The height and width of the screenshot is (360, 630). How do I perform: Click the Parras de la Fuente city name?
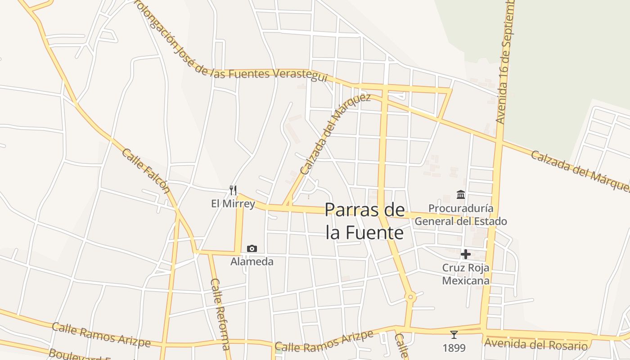[364, 221]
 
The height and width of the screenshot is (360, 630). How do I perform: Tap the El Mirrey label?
[233, 204]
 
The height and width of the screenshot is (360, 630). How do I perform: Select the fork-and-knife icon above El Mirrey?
[233, 190]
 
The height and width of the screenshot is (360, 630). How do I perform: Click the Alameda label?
[252, 261]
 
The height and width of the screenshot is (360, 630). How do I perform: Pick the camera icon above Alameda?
[252, 248]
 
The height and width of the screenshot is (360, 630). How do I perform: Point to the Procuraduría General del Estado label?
[461, 215]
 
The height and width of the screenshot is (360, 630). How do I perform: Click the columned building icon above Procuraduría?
[461, 194]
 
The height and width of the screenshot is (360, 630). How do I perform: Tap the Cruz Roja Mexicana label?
[466, 274]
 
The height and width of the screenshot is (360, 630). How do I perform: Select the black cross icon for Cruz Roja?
[465, 254]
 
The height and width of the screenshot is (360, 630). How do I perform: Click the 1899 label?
[454, 348]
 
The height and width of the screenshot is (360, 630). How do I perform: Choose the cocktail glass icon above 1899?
[454, 335]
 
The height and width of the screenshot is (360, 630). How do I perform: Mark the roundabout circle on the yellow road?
[410, 297]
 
